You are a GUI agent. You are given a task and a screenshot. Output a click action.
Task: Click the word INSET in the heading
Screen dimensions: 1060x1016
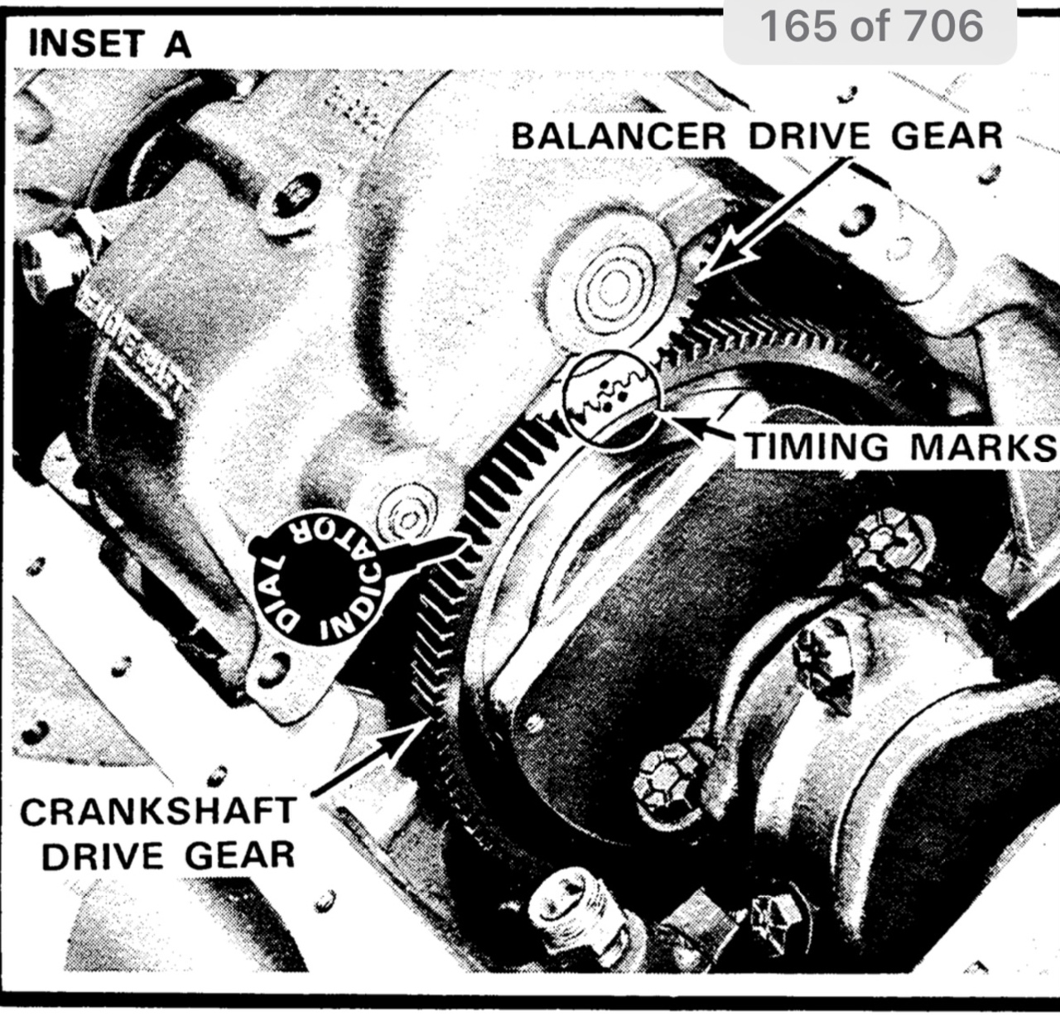pos(86,44)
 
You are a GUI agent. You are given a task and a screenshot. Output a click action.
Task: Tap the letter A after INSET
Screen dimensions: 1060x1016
pos(177,44)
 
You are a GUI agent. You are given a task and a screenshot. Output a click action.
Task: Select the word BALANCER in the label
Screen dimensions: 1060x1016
pos(619,136)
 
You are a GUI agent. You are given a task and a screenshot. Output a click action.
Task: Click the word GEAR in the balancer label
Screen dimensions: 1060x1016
pos(947,136)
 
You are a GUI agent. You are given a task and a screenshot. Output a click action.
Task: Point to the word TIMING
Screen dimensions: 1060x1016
pos(817,446)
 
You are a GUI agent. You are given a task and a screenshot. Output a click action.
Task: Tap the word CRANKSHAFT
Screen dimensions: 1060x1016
pos(158,811)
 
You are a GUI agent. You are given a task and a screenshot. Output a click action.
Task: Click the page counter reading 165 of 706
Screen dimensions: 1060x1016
pos(870,26)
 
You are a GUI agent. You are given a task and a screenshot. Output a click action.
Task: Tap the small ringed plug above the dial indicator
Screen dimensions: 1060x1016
pos(407,512)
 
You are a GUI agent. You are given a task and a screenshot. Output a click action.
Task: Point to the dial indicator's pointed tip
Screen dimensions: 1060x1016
pos(463,538)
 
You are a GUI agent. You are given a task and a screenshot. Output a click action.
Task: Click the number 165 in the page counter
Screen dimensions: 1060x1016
pos(798,26)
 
